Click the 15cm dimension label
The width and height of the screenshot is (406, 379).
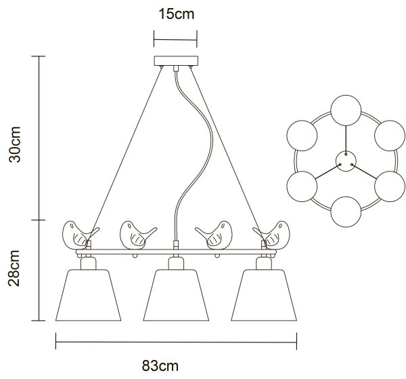tap(177, 14)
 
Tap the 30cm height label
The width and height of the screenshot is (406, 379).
tap(14, 144)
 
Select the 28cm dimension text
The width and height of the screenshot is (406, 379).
tap(14, 268)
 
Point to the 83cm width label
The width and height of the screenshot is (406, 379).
tap(160, 366)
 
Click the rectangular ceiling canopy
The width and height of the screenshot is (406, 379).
tap(176, 61)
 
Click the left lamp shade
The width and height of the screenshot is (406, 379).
tap(88, 295)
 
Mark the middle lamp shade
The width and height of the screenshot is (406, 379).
tap(176, 295)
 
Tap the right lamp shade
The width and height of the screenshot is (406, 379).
tap(264, 295)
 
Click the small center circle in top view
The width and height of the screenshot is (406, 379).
tap(346, 161)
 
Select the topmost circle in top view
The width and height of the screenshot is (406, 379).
tap(346, 111)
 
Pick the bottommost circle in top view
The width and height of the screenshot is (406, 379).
tap(346, 212)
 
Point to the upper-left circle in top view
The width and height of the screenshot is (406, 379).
tap(302, 136)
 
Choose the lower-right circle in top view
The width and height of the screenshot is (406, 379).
tap(390, 186)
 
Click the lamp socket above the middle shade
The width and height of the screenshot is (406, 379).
tap(176, 263)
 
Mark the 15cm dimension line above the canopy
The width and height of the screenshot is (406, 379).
tap(175, 40)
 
